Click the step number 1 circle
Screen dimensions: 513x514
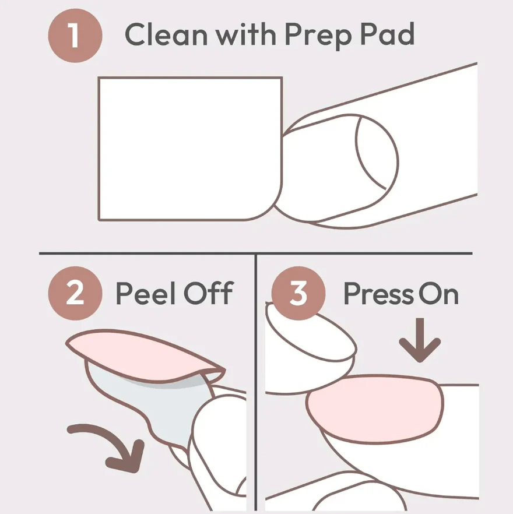tap(75, 36)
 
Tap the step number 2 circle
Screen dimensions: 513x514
tap(75, 293)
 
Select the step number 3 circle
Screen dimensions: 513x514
tap(298, 293)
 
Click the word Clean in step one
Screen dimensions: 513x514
tap(166, 34)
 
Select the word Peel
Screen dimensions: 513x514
tap(146, 293)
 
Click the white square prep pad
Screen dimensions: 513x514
tap(190, 149)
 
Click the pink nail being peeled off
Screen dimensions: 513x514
tap(145, 355)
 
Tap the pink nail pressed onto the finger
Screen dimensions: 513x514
tap(375, 409)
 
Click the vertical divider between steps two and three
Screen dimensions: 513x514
tap(255, 382)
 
